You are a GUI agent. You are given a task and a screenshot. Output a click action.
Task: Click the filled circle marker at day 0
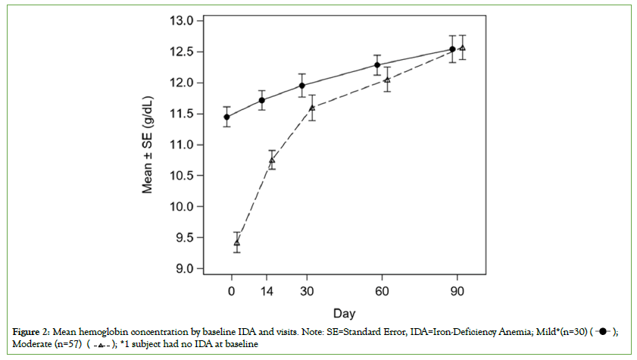(226, 117)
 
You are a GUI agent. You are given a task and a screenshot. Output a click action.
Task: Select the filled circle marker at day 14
(262, 100)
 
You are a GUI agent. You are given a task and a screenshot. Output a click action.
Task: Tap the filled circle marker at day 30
(302, 86)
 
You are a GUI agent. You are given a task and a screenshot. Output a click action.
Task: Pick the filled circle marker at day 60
(377, 65)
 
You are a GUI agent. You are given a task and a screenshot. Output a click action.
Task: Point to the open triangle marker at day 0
(237, 243)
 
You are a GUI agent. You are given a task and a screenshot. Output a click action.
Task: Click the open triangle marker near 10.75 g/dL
(273, 160)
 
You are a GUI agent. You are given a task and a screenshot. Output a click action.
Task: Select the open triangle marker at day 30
(312, 108)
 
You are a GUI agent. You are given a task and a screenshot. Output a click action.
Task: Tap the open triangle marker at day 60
(387, 80)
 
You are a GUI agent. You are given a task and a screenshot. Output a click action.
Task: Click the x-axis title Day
(345, 312)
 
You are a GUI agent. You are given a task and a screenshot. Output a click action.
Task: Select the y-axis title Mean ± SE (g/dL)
(151, 145)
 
